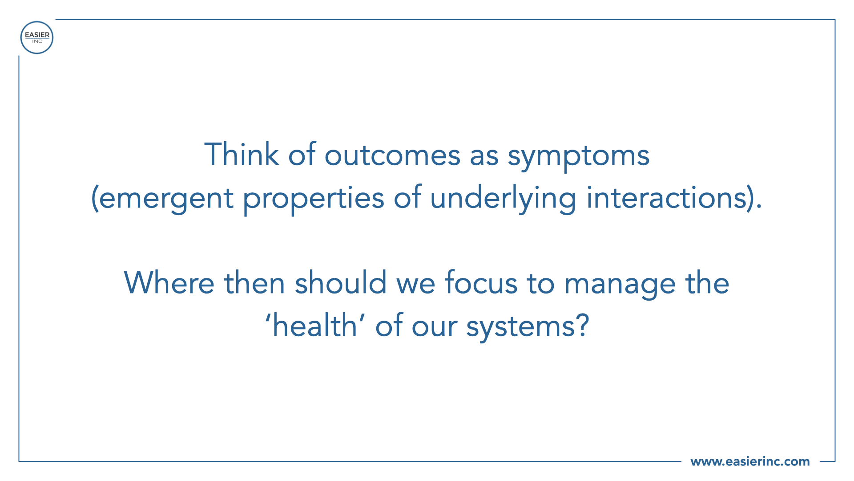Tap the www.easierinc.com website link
point(750,461)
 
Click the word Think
point(242,155)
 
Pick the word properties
point(314,198)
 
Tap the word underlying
point(503,198)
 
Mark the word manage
point(620,285)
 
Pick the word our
point(434,329)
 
